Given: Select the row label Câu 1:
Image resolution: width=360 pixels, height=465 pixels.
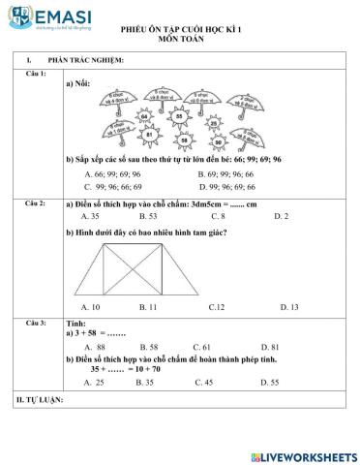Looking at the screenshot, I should point(36,75).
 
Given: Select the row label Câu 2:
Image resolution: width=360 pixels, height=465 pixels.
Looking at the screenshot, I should point(36,205).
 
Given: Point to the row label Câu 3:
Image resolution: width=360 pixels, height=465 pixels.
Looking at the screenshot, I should point(36,321).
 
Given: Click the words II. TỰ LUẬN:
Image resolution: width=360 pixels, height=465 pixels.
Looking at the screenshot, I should point(41,400).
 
